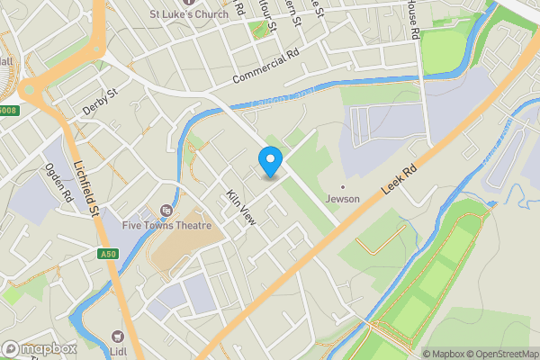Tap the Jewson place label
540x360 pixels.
click(342, 199)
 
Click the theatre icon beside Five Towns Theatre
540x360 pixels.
click(166, 211)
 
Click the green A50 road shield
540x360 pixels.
click(109, 255)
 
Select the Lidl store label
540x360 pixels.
click(117, 350)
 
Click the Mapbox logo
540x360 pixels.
click(39, 348)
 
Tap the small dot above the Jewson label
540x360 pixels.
click(342, 186)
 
